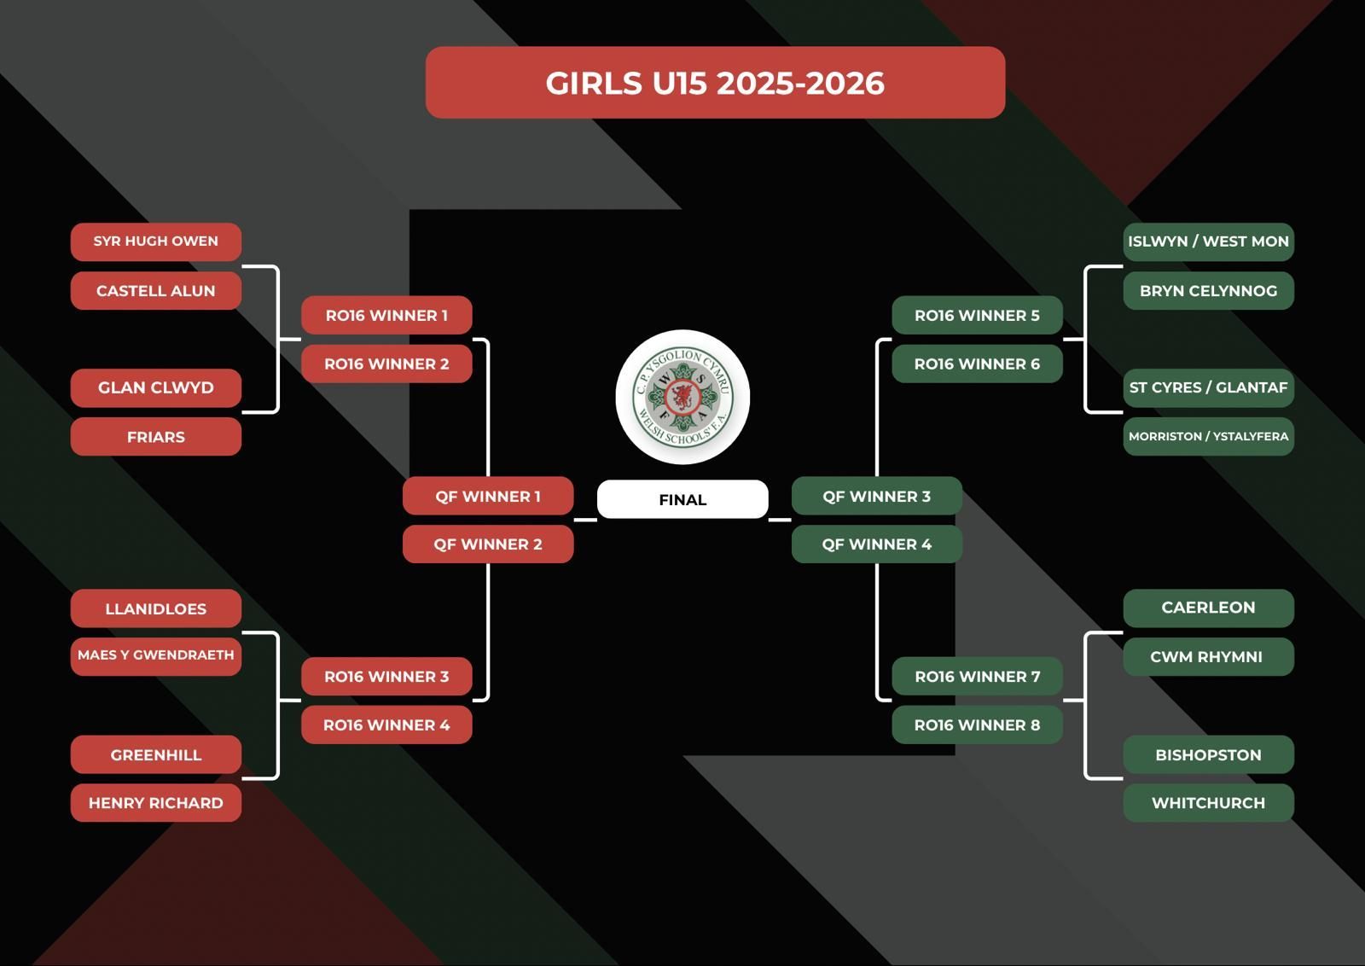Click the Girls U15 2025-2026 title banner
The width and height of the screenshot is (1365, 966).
[715, 83]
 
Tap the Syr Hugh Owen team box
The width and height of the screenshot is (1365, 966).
[156, 241]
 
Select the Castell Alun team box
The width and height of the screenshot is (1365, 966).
[156, 291]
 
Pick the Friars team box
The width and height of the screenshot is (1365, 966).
[156, 437]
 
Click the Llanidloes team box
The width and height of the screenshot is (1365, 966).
[156, 608]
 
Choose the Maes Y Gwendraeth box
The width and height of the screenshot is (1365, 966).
[156, 655]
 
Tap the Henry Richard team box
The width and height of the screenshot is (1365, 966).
[156, 803]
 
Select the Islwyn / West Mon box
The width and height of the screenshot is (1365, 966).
[1208, 241]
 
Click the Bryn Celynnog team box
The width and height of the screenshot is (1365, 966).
[1208, 291]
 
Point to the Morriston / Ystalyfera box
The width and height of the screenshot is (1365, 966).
[1208, 436]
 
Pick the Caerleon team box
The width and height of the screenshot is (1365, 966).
[1208, 608]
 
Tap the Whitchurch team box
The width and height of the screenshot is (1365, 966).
[1208, 803]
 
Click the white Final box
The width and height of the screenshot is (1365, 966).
[682, 499]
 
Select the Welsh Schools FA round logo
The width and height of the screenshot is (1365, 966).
[682, 397]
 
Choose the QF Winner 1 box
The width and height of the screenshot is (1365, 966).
[488, 496]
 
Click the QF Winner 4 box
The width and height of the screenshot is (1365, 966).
[877, 544]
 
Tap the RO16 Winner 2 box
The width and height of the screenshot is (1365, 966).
[386, 364]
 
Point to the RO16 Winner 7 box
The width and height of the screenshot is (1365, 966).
[978, 677]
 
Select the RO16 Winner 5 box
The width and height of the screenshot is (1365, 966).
[978, 316]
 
